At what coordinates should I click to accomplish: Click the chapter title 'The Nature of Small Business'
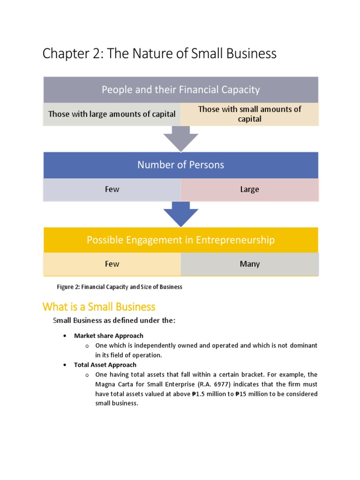pos(159,54)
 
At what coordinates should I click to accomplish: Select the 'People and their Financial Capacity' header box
pos(180,90)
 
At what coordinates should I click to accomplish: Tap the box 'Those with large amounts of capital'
pos(112,114)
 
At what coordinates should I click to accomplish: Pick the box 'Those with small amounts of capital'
pos(249,114)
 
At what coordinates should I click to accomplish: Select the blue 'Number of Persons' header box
pos(180,165)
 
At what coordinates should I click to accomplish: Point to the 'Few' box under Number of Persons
pos(112,189)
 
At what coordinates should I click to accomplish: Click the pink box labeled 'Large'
pos(249,189)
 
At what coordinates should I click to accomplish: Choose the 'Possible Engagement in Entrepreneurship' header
pos(180,240)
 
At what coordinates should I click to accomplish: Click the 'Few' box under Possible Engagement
pos(112,264)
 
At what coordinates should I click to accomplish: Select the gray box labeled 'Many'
pos(249,264)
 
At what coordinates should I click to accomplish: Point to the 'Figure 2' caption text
pos(119,287)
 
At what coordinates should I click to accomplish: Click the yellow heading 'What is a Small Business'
pos(98,307)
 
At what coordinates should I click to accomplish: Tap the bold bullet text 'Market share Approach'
pos(108,336)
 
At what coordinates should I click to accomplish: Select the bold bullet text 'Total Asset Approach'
pos(105,365)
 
